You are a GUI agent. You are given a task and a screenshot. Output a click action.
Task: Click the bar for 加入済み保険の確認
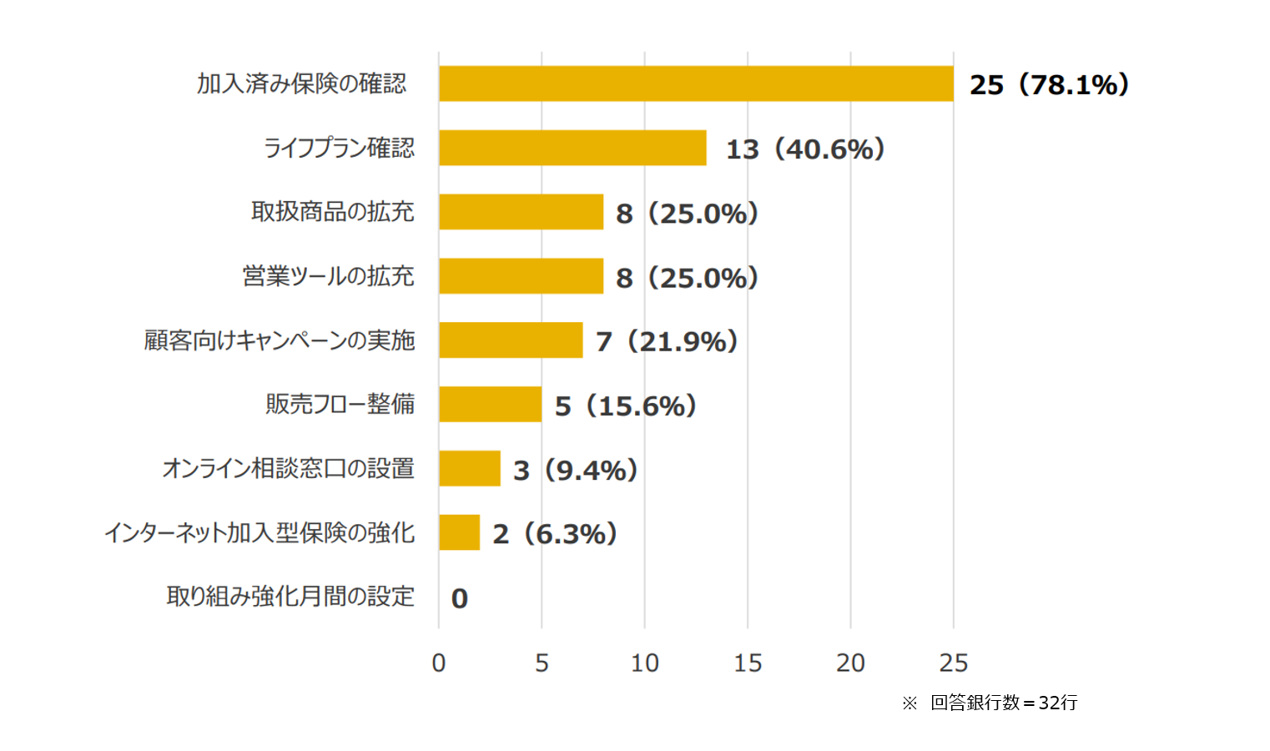(696, 83)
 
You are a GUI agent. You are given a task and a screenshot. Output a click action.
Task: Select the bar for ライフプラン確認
(572, 148)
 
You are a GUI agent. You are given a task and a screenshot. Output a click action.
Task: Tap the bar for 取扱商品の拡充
(521, 212)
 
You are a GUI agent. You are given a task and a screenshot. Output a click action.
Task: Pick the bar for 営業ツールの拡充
(521, 276)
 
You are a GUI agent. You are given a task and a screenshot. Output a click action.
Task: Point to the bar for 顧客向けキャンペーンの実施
(511, 340)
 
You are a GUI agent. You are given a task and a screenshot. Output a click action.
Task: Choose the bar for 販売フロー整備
(490, 404)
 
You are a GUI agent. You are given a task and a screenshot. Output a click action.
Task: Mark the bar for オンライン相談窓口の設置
(470, 468)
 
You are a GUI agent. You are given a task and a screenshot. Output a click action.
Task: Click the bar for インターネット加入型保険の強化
(459, 532)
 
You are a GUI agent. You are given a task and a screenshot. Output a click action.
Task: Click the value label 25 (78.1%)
(1049, 84)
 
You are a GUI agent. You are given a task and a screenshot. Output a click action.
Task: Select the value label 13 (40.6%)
(804, 149)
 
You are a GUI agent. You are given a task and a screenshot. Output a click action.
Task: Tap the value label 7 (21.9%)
(666, 341)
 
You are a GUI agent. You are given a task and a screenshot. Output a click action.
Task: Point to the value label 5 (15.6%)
(625, 406)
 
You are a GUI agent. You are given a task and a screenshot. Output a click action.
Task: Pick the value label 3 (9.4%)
(575, 470)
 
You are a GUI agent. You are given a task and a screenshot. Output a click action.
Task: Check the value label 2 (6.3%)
(554, 533)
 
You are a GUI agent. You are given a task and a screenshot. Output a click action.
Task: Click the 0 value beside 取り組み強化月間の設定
(459, 597)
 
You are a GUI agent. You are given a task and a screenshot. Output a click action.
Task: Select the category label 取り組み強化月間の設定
(290, 597)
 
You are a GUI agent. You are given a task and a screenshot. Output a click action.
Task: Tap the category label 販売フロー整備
(340, 404)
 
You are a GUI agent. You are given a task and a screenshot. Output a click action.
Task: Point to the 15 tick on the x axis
(748, 663)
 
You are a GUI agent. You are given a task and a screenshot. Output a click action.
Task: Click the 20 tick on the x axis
(850, 663)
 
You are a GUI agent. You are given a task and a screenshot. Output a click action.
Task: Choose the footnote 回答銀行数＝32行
(1003, 703)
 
